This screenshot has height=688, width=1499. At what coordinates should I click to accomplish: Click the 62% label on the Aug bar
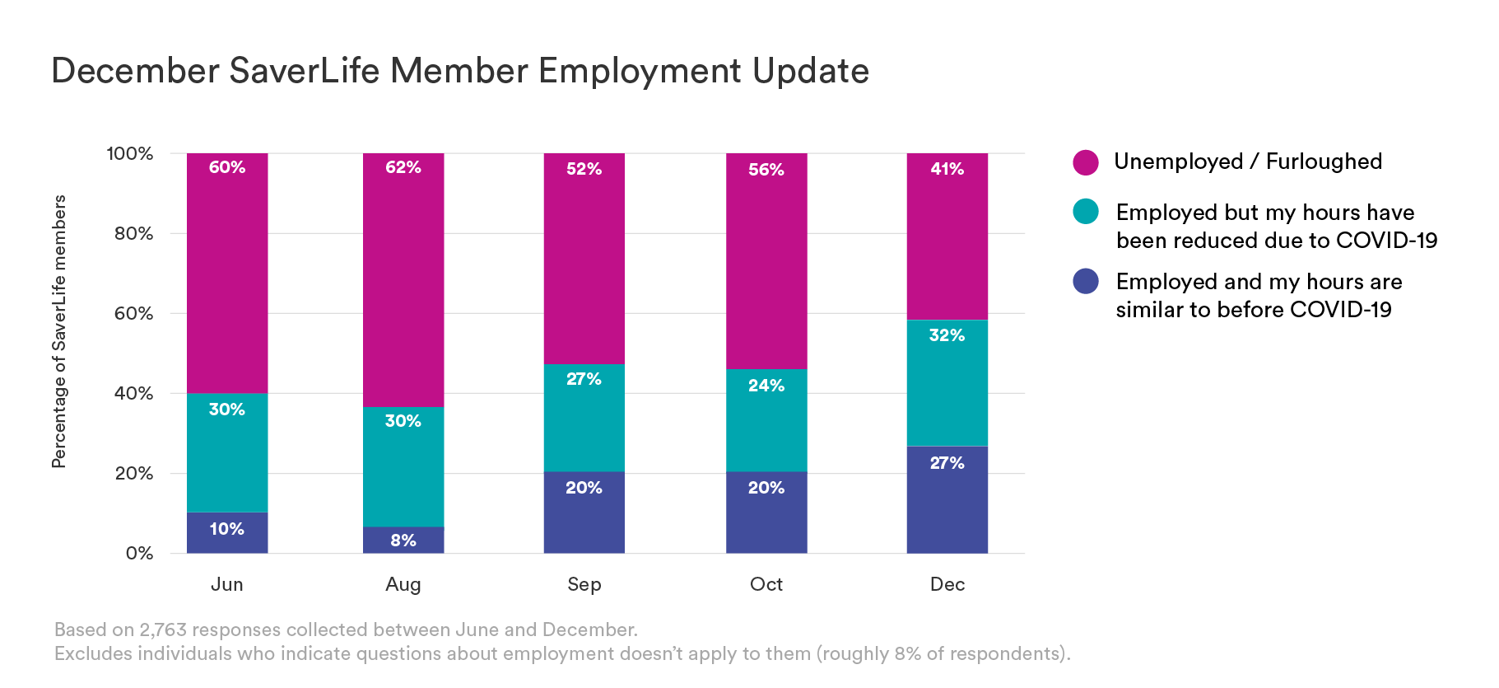click(403, 167)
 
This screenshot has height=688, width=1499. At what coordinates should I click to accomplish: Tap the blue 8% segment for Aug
click(403, 541)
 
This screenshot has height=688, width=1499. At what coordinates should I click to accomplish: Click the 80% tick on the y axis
click(133, 233)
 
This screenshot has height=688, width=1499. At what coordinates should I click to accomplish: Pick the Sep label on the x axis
click(584, 584)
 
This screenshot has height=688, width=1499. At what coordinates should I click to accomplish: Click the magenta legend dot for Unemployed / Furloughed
click(1086, 162)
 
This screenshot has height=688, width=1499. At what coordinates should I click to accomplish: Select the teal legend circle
click(1086, 212)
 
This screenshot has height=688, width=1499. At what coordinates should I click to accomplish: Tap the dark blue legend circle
click(1086, 281)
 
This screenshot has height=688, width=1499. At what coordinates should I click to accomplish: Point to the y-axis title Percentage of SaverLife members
click(59, 331)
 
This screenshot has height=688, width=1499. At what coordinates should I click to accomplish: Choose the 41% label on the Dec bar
click(947, 169)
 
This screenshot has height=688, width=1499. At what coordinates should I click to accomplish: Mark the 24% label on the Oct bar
click(766, 386)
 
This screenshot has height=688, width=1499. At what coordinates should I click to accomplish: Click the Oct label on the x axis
click(766, 584)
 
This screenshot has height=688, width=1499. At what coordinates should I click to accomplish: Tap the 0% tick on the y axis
click(139, 553)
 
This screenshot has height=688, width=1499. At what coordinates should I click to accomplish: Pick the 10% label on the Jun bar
click(226, 529)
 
